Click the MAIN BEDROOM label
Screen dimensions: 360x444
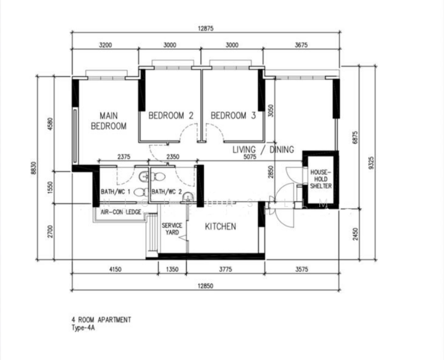(108, 121)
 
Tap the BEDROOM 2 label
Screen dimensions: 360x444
(170, 116)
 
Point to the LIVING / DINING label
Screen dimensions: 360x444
(263, 149)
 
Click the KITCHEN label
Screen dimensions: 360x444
(220, 227)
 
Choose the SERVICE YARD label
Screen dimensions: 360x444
(172, 229)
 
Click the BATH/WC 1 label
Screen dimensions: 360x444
(115, 192)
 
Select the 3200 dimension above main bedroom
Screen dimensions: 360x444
(105, 44)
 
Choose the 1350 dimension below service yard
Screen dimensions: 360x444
(172, 270)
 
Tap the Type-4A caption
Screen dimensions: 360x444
(85, 329)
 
